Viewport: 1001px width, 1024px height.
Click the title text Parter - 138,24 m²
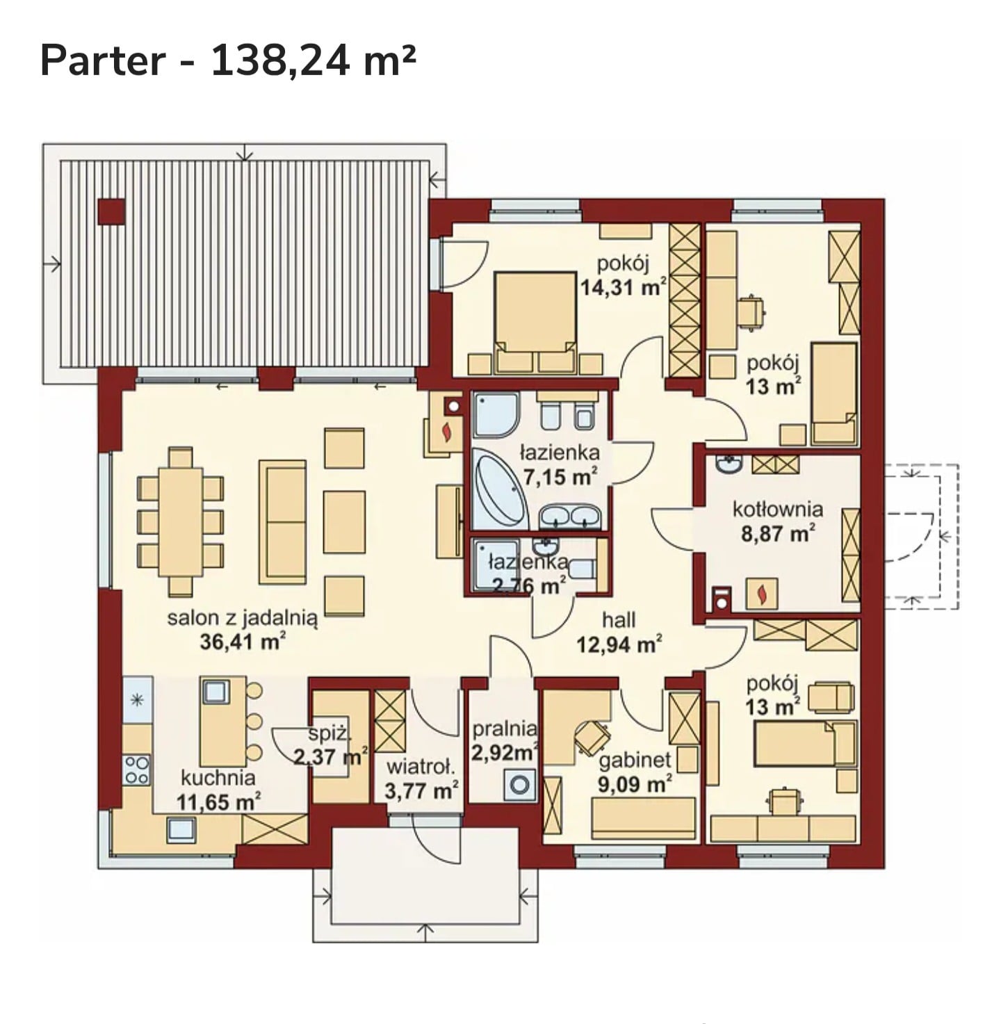click(228, 61)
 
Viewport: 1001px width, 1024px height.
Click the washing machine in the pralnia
click(520, 785)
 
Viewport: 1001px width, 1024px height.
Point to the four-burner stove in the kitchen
click(136, 770)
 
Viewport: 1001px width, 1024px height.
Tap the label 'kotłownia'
click(777, 510)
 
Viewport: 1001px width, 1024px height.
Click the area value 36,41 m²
click(243, 642)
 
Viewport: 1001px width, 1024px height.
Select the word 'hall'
click(619, 620)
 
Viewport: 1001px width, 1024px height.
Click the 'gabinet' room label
click(635, 760)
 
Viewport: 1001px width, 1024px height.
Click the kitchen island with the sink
click(222, 722)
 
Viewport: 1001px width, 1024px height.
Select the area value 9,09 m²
click(635, 784)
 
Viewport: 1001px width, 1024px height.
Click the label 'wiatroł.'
click(420, 767)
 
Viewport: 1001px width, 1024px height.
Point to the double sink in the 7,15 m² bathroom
click(570, 517)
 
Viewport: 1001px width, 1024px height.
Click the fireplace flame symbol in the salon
click(447, 432)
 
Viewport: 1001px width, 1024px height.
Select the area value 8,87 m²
click(778, 533)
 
